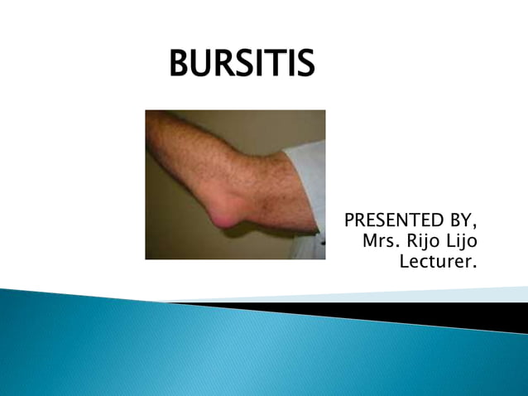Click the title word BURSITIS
click(x=242, y=64)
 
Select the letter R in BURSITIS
click(x=225, y=64)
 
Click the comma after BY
click(x=477, y=226)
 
